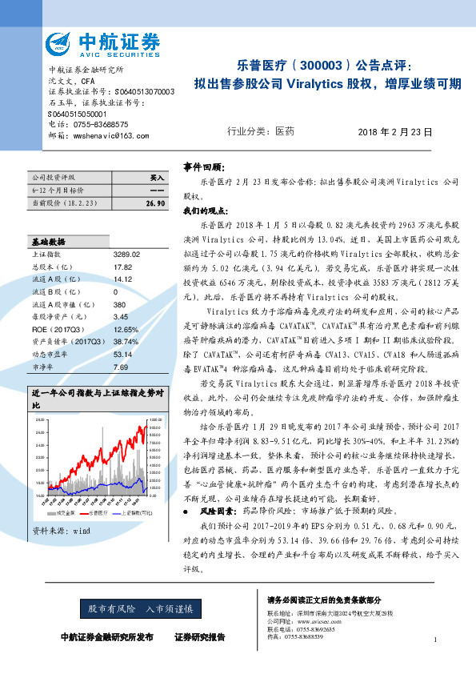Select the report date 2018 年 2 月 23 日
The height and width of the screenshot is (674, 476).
[x=395, y=131]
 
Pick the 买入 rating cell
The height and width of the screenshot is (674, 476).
[x=157, y=176]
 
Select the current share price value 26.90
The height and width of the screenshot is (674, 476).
[x=155, y=204]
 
